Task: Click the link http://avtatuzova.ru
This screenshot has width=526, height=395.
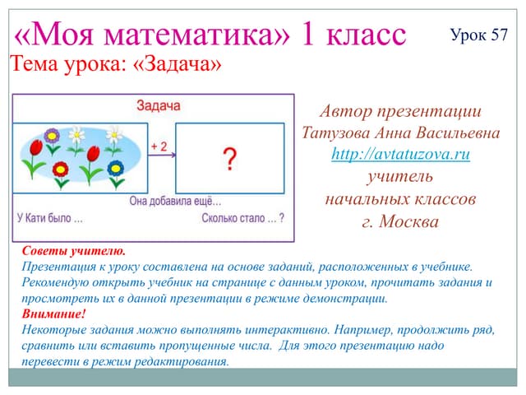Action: (400, 154)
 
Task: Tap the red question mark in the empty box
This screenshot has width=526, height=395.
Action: (230, 159)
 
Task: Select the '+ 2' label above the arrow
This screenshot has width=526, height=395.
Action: (159, 146)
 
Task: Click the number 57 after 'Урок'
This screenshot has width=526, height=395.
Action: (500, 35)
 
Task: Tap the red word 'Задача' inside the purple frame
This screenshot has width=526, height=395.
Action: (159, 105)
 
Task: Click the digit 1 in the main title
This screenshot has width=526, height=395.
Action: (307, 34)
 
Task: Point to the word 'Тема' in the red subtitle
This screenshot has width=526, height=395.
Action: (35, 63)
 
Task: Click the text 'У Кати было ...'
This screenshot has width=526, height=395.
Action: (50, 218)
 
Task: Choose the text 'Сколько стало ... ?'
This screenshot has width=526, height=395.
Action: (243, 218)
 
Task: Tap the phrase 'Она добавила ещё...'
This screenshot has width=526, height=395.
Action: (175, 201)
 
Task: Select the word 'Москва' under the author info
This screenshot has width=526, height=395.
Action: (408, 221)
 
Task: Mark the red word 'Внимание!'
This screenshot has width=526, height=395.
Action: (54, 314)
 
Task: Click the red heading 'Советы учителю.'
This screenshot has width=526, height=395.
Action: (74, 251)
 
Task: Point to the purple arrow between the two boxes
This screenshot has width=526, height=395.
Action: (162, 155)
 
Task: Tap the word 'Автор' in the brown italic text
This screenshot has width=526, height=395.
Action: (345, 111)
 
